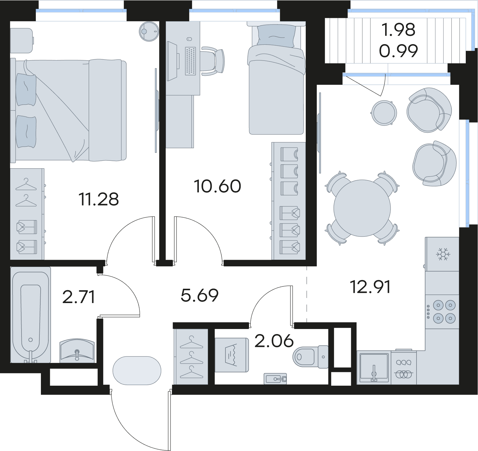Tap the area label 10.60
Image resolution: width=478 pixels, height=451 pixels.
pos(217,186)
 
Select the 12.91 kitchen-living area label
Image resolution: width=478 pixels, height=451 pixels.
pos(370,287)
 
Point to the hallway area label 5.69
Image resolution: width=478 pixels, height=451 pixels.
pos(200,295)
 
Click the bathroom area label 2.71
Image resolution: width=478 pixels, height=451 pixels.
pos(79,297)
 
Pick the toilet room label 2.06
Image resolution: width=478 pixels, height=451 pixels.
pos(274,341)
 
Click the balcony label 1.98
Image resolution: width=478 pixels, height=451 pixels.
pos(398,30)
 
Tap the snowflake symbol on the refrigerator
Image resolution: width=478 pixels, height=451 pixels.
pos(443,254)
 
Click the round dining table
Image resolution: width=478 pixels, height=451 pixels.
pos(362,208)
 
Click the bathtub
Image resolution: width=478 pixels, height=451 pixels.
pos(30,315)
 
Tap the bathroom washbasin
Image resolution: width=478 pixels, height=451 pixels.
pos(77,351)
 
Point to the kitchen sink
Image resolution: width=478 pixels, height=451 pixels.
pos(374,367)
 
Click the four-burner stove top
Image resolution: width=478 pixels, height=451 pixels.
pos(442,312)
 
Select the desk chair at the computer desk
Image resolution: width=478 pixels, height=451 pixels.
pos(213,61)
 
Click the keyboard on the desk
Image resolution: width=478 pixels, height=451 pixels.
pos(190,61)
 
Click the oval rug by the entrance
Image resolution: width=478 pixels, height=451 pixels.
pos(137,371)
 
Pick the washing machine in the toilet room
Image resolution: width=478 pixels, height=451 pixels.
pos(232,355)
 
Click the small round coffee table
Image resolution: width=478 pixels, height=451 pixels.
pos(384,113)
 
